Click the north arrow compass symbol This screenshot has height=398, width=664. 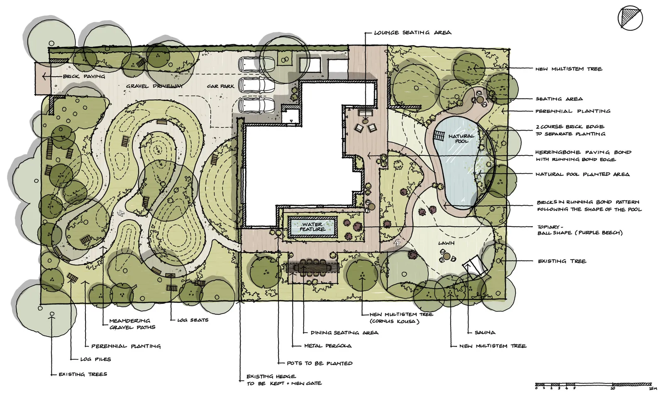(630, 18)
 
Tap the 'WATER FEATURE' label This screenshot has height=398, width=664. (312, 227)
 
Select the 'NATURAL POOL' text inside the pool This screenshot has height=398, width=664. (461, 138)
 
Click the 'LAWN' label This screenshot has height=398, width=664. (447, 243)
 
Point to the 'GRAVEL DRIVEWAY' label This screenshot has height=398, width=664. (154, 86)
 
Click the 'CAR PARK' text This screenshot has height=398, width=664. (220, 86)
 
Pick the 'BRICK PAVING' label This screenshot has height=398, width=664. (84, 76)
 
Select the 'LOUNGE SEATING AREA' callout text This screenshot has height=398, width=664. (413, 33)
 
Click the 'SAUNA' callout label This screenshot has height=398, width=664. (485, 332)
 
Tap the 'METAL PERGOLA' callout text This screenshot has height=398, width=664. (328, 346)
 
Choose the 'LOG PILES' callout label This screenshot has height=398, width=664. (95, 359)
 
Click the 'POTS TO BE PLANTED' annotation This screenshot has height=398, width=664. (320, 363)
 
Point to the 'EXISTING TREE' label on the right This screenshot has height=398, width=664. (562, 261)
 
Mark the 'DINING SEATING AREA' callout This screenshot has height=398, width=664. (344, 332)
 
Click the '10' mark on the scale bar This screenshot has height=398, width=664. (613, 388)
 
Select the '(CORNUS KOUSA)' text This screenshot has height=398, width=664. (395, 321)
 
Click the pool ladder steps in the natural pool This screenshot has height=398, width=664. (439, 136)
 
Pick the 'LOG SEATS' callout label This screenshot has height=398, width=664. (193, 320)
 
